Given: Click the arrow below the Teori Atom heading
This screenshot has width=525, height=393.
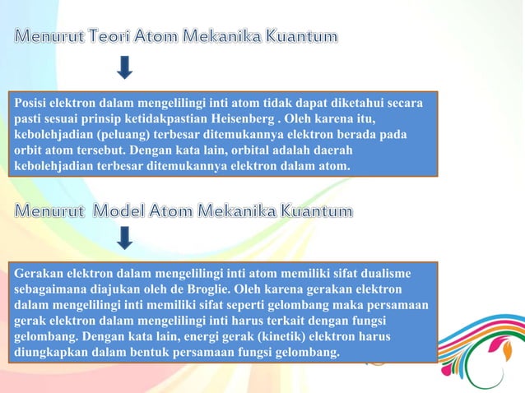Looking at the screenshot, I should [124, 67].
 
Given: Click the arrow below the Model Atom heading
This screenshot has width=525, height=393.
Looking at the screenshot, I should [124, 238].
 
